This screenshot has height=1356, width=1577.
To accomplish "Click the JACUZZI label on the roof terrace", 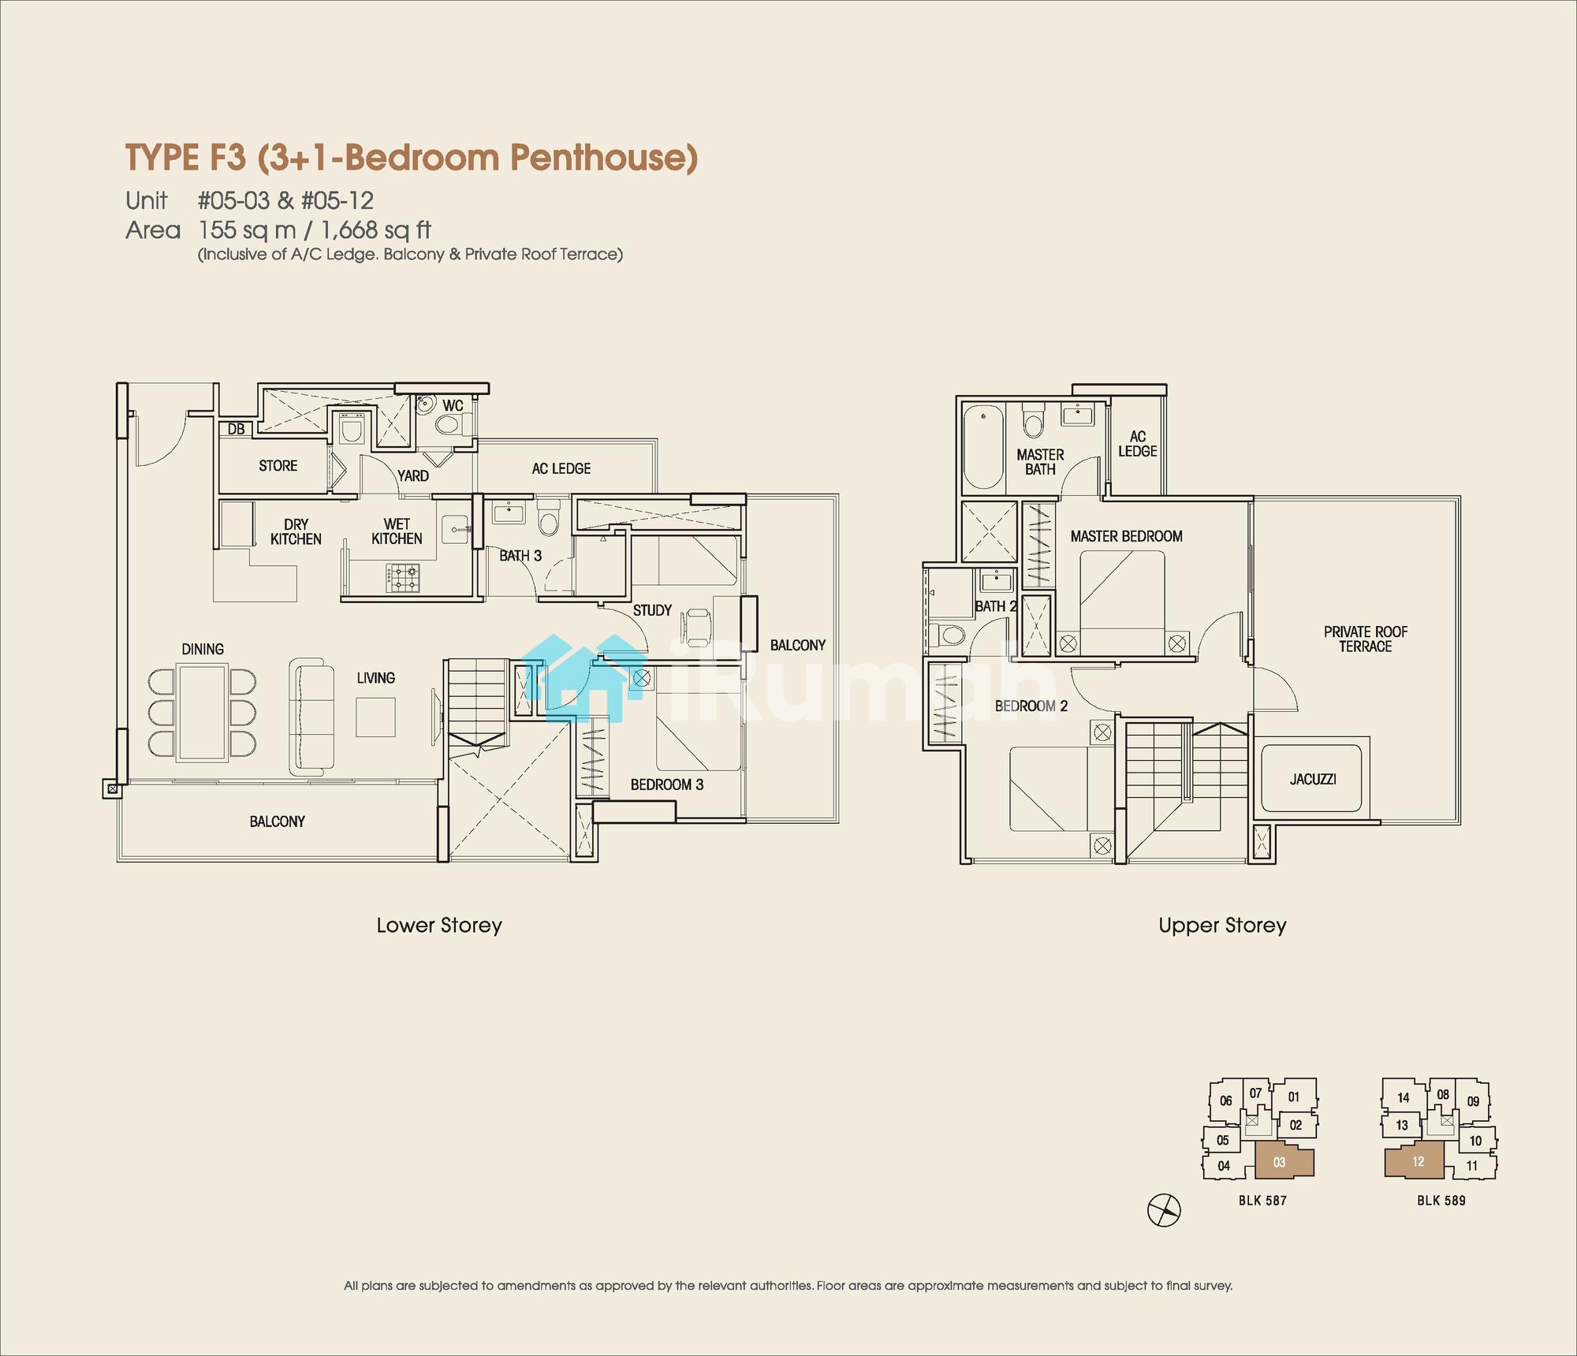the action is (1313, 780).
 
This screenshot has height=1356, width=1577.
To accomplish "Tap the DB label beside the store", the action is (236, 430).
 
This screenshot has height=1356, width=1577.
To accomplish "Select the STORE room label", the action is (278, 466).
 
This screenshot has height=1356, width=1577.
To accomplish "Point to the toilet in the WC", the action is (447, 427).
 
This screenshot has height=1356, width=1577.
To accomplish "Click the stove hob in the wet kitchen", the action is (403, 578).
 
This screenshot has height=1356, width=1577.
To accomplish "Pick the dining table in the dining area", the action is (203, 712).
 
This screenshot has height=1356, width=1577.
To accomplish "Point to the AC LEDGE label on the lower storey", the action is (561, 469).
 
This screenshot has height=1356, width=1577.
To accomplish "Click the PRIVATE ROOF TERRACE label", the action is (1366, 639).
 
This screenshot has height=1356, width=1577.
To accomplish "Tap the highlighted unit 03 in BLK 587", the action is (1281, 1162).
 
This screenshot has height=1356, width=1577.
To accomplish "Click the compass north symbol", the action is (1164, 1210).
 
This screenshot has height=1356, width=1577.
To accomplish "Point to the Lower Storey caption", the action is (439, 926).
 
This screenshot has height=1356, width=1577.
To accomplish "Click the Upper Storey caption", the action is (1222, 926).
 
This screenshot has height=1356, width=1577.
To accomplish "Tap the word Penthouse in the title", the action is (604, 158).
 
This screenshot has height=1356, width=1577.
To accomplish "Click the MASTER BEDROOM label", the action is (1127, 537).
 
